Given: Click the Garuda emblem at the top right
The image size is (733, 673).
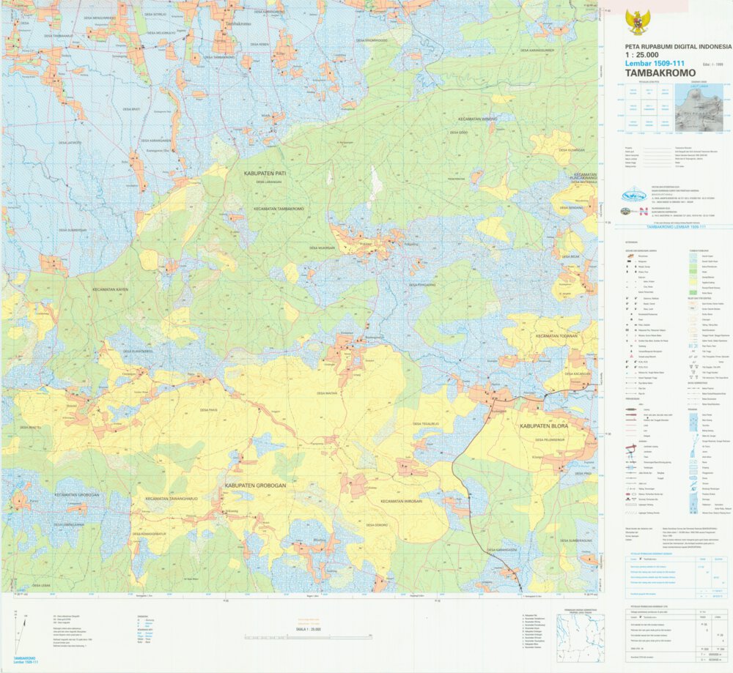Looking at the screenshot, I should tap(637, 22).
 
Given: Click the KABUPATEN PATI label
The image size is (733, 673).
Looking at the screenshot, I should tap(268, 174).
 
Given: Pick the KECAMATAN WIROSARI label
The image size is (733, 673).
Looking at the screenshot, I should tap(402, 501).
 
